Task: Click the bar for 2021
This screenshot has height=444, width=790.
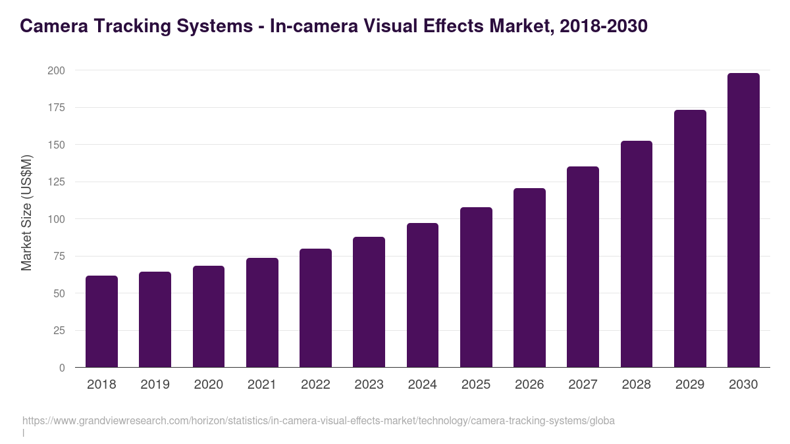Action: tap(262, 312)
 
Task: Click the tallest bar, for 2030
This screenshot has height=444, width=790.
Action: tap(743, 220)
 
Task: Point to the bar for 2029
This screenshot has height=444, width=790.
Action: tap(690, 238)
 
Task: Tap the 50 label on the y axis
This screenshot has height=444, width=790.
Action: tap(59, 293)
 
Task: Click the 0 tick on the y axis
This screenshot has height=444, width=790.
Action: tap(62, 368)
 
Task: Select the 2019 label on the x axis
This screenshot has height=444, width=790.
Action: tap(155, 385)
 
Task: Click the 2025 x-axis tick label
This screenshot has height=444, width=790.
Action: tap(476, 385)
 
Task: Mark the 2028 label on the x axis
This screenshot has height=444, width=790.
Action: tap(637, 385)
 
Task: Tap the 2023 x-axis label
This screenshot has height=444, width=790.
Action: tap(369, 385)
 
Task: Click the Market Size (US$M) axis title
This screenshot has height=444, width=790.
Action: tap(26, 212)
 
